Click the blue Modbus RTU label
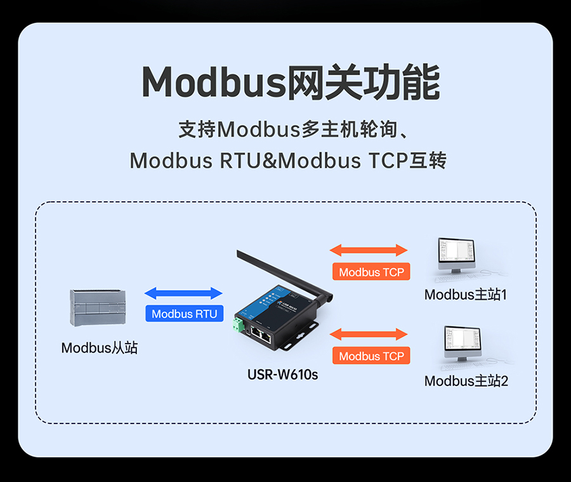184,314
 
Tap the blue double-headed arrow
183,293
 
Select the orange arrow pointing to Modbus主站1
369,250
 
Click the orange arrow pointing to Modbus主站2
369,334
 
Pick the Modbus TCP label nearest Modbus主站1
371,272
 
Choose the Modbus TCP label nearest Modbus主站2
371,356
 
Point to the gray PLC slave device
98,307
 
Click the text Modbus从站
100,348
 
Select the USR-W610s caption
282,375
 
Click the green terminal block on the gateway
239,325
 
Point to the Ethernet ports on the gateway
261,335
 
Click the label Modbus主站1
466,295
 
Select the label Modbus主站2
466,381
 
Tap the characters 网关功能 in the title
364,82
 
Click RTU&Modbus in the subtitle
290,161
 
